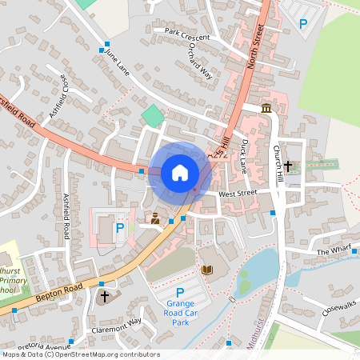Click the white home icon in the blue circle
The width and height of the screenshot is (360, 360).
coord(179,172)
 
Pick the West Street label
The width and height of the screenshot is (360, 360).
coord(238,193)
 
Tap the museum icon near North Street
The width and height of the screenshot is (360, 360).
coord(266,108)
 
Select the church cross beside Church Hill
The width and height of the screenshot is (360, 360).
coord(288,166)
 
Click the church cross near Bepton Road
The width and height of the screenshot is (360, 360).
coord(104,297)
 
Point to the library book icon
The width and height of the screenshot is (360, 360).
coord(207,270)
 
